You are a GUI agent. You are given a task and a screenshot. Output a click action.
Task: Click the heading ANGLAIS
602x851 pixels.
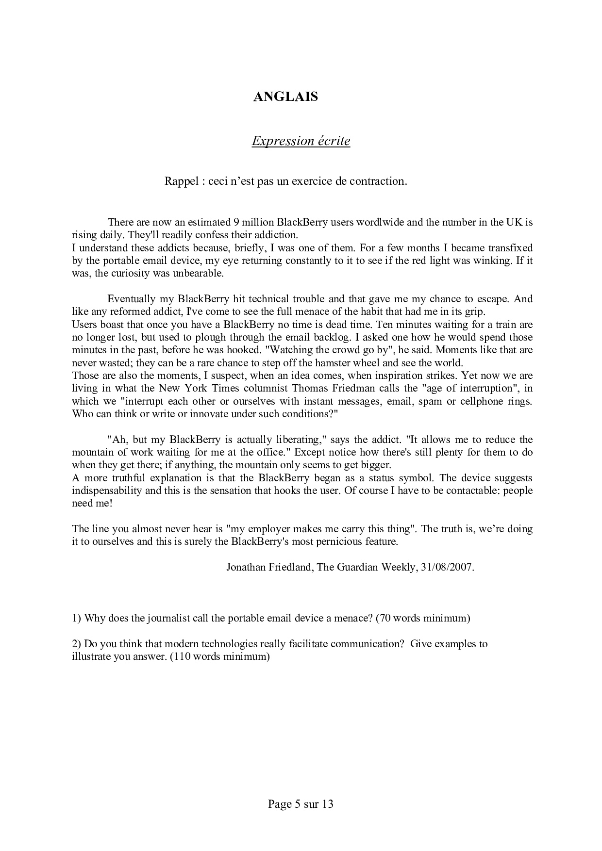click(285, 97)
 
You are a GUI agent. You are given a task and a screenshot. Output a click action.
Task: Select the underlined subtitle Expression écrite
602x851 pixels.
click(301, 141)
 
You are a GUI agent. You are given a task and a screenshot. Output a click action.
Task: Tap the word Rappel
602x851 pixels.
click(179, 181)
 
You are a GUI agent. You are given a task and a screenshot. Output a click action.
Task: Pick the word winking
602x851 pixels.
click(495, 261)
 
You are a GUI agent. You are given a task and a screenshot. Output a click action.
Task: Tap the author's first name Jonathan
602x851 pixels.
click(246, 567)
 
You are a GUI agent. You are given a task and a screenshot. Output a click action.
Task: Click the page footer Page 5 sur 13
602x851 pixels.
click(301, 804)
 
